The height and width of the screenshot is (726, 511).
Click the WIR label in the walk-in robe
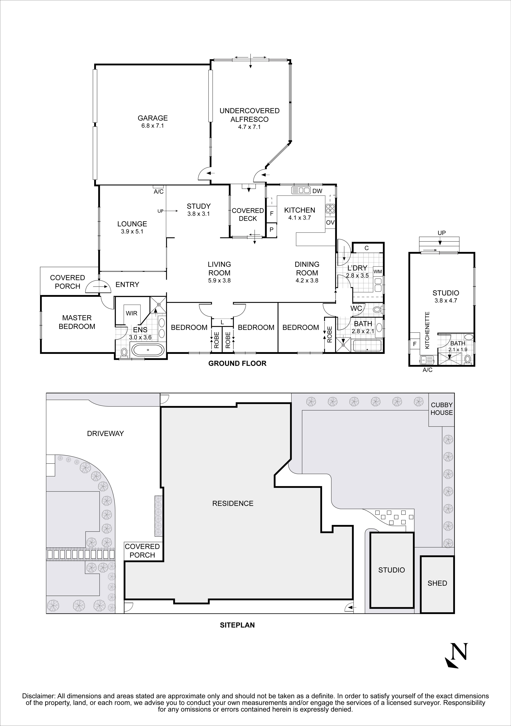[132, 313]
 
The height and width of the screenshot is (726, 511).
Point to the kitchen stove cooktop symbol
[330, 209]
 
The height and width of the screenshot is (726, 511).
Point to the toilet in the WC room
[377, 309]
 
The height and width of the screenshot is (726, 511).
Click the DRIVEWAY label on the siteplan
[105, 434]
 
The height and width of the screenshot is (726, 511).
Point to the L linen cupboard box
[222, 322]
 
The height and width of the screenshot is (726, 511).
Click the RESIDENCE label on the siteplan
[233, 503]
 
